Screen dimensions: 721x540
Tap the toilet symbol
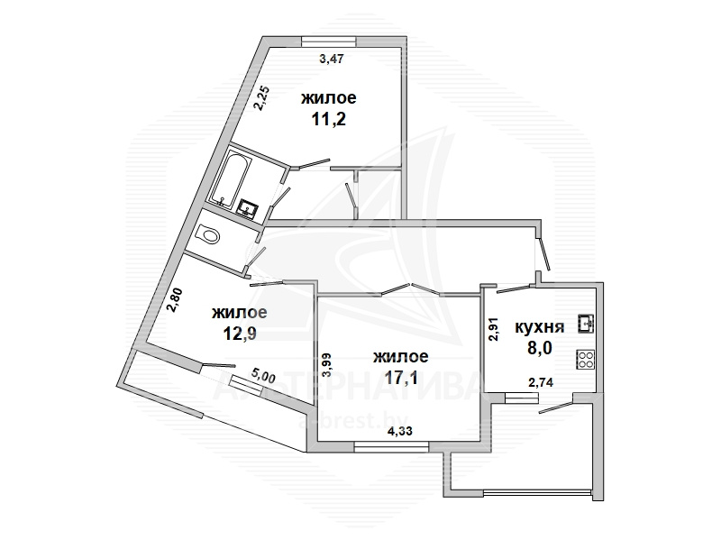pyautogui.click(x=207, y=235)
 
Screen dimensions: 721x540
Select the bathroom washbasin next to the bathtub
pyautogui.click(x=247, y=207)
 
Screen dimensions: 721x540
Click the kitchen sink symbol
pyautogui.click(x=586, y=323)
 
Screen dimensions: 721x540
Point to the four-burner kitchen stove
pyautogui.click(x=586, y=359)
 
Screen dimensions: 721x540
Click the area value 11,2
pyautogui.click(x=328, y=120)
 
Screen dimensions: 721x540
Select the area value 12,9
pyautogui.click(x=239, y=334)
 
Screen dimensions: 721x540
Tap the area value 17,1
pyautogui.click(x=401, y=378)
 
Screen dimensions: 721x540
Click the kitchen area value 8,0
pyautogui.click(x=539, y=348)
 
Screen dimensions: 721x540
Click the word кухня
pyautogui.click(x=539, y=327)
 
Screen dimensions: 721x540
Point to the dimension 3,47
pyautogui.click(x=332, y=59)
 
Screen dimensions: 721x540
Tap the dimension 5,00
pyautogui.click(x=263, y=376)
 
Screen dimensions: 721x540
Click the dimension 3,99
pyautogui.click(x=327, y=365)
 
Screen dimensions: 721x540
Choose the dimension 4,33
pyautogui.click(x=399, y=431)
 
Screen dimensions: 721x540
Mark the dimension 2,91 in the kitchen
pyautogui.click(x=494, y=329)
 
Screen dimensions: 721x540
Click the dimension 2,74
pyautogui.click(x=541, y=381)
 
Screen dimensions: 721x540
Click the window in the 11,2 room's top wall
pyautogui.click(x=329, y=41)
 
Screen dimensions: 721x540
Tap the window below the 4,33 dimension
pyautogui.click(x=391, y=446)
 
